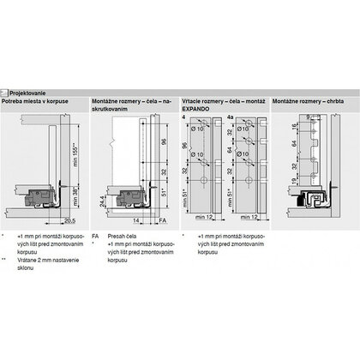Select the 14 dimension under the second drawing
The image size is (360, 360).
(137, 220)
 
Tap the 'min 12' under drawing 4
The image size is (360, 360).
(206, 220)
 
